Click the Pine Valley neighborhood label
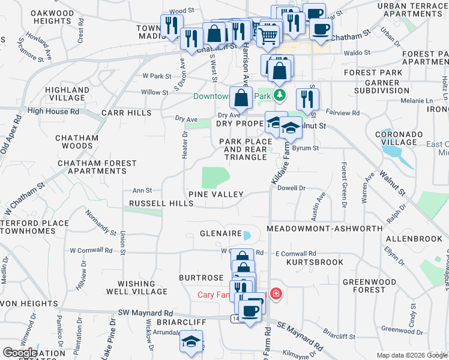click(x=215, y=194)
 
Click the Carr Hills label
click(x=127, y=113)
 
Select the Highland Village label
click(x=65, y=94)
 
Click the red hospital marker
click(x=276, y=294)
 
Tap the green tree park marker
click(x=279, y=95)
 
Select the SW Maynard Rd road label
click(x=145, y=313)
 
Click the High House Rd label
click(x=53, y=111)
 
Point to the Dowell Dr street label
click(x=292, y=188)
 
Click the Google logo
click(x=20, y=353)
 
